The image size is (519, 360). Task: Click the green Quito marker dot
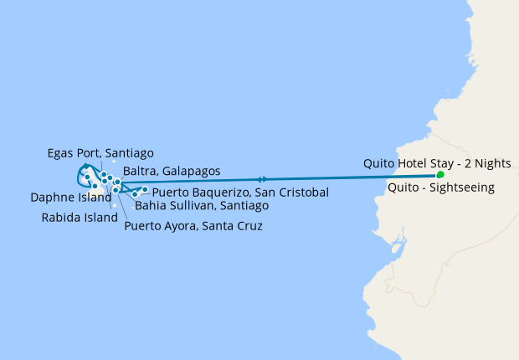click(440, 175)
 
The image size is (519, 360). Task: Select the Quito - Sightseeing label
click(441, 188)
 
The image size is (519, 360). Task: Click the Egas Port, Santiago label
click(100, 153)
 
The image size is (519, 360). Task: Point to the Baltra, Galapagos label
click(172, 171)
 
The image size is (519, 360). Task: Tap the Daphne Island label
click(70, 198)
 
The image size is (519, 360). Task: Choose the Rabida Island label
click(75, 217)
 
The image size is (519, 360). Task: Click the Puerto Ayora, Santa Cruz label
click(193, 226)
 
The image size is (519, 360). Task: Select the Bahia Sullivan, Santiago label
click(202, 205)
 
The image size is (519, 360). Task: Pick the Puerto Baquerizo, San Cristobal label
click(240, 193)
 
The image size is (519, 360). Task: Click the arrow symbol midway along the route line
click(263, 179)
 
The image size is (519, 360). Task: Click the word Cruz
click(249, 226)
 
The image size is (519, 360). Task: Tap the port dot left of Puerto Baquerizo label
click(145, 190)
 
